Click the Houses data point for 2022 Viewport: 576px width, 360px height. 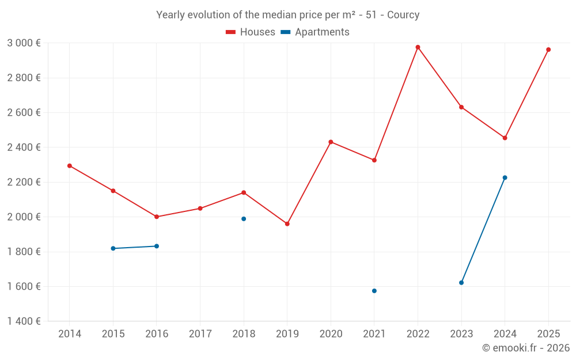(x=418, y=47)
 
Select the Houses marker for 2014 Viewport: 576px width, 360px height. (x=70, y=166)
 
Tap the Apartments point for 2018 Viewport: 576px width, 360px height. (x=244, y=219)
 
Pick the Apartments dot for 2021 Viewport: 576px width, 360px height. (x=374, y=291)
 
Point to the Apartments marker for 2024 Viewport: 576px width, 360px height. (x=505, y=177)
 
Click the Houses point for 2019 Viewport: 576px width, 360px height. (x=287, y=223)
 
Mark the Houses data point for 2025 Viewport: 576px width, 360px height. (x=548, y=50)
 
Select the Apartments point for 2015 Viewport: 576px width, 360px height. (x=113, y=248)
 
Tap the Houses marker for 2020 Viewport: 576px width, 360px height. (x=331, y=142)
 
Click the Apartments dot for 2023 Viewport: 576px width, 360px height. (x=461, y=283)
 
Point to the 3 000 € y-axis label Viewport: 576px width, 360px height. (x=24, y=43)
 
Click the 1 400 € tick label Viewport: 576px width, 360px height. (x=24, y=321)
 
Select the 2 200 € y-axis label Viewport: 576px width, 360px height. (x=24, y=182)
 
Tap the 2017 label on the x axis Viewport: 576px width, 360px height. (x=200, y=334)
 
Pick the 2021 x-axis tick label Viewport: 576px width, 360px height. (x=374, y=334)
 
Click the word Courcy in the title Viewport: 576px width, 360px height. (x=403, y=15)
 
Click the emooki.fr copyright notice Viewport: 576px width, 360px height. (x=526, y=348)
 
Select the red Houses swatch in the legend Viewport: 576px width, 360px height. (x=231, y=32)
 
